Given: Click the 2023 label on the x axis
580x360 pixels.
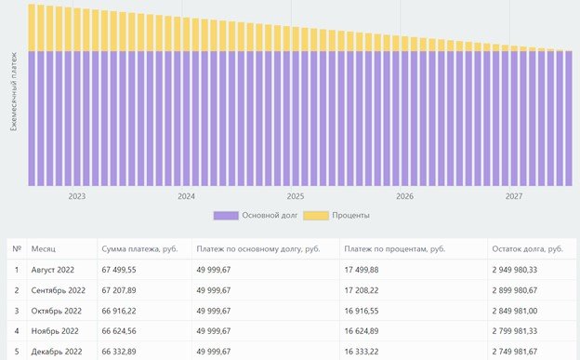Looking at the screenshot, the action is [x=76, y=196].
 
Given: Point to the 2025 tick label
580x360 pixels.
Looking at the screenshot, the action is [x=296, y=196].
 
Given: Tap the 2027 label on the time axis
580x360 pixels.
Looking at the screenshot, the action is [x=514, y=196].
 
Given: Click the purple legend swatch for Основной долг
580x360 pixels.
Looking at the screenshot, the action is [x=226, y=216].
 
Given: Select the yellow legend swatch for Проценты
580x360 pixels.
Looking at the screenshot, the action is [x=316, y=216].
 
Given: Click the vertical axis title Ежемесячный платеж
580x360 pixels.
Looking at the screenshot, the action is [x=14, y=91].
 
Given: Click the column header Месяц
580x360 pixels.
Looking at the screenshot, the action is [x=44, y=249].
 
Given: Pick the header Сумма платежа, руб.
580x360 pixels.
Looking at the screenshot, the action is [x=139, y=249].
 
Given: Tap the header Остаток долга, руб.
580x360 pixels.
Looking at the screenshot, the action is [x=527, y=249].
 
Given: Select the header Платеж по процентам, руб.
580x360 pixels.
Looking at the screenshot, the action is [x=395, y=249].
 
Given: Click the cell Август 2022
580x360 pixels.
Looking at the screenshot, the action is [x=53, y=270].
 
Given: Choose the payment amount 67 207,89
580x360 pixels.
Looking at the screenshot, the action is [x=119, y=290].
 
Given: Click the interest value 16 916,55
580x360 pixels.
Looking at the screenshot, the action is [x=362, y=311].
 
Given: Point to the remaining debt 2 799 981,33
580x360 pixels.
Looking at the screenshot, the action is [x=515, y=331].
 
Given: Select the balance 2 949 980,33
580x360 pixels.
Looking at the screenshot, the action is [x=515, y=270].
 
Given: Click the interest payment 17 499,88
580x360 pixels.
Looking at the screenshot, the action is [x=362, y=270].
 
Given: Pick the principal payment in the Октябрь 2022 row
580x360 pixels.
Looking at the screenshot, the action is [x=214, y=311].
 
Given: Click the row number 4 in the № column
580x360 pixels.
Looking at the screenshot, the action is [x=17, y=331].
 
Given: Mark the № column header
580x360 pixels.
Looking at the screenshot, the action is [x=17, y=249].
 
